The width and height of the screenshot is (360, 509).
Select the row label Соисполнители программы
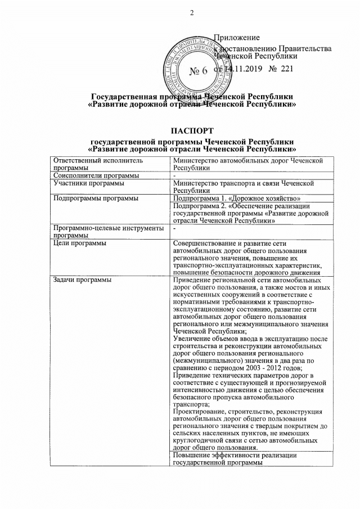(x=88, y=176)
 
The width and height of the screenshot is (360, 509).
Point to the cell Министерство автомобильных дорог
(x=247, y=164)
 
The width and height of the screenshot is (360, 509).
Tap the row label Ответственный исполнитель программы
(x=94, y=164)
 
